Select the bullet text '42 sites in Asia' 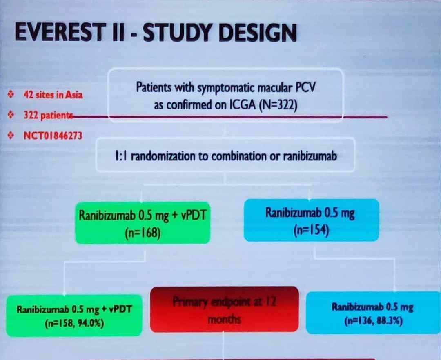tap(53, 95)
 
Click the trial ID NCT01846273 tap(53, 136)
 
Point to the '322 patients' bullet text tap(48, 116)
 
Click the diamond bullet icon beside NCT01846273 tap(11, 136)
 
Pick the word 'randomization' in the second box tap(163, 156)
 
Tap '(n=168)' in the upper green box tap(143, 233)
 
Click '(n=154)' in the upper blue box tap(311, 230)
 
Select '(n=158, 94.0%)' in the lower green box tap(74, 323)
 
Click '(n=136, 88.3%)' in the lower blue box tap(373, 321)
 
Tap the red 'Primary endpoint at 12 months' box tap(225, 309)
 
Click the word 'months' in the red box tap(224, 319)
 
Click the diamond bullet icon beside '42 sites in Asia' tap(11, 95)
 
